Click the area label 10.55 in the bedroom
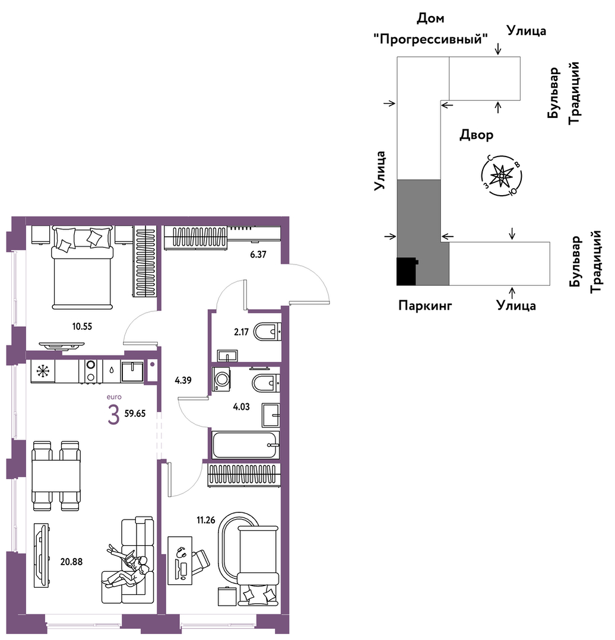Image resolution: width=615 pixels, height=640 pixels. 82,326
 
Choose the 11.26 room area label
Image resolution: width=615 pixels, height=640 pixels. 205,521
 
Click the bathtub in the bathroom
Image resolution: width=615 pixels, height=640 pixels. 245,445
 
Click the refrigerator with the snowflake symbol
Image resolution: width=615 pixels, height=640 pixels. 43,371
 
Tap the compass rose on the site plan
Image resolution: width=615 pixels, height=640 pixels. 502,175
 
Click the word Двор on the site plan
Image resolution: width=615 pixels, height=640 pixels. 476,135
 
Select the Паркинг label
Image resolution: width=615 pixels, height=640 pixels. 425,306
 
